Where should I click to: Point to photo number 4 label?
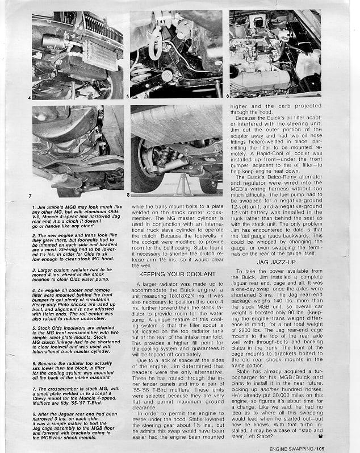28,97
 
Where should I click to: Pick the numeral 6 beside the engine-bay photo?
227,97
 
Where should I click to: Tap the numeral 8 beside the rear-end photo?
128,196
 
